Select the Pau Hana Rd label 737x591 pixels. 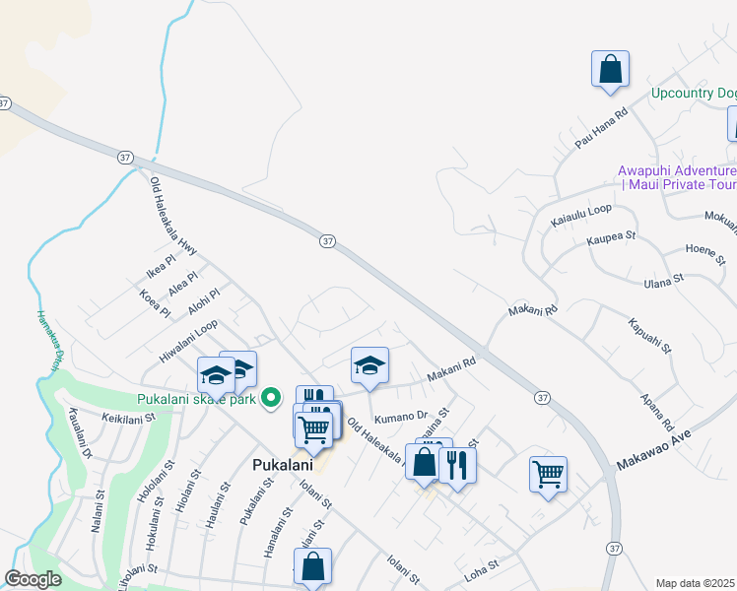(x=600, y=129)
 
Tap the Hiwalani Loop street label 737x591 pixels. (x=186, y=341)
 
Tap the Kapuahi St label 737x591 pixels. (x=649, y=335)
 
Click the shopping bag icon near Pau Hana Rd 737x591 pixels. (x=610, y=69)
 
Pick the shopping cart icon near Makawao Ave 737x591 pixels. (x=547, y=473)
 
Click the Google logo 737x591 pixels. (x=33, y=579)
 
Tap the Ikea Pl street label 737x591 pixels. (x=160, y=265)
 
